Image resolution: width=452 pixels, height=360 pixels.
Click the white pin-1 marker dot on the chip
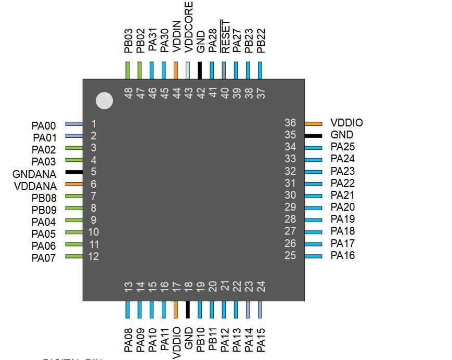[105, 100]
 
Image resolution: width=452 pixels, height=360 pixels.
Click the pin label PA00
[43, 125]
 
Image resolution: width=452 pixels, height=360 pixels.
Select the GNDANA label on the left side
[35, 174]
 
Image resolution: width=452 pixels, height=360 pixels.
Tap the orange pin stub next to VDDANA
[74, 184]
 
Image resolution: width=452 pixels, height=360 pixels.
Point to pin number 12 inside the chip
[94, 256]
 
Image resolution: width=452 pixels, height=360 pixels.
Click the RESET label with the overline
[225, 36]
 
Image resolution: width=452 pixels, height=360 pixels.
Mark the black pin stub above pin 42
[200, 70]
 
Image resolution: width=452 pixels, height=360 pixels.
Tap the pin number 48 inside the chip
[128, 93]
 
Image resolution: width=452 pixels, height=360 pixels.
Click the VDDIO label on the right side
[346, 123]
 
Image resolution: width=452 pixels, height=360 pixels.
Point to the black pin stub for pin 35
[313, 135]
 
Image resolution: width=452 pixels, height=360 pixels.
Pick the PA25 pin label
[343, 147]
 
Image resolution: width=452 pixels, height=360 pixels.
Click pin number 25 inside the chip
[290, 255]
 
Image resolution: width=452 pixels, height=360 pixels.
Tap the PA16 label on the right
[343, 255]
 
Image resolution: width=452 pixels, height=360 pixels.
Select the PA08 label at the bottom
[128, 339]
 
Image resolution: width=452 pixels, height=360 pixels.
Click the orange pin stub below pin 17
[176, 310]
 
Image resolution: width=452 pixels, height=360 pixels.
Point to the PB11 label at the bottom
[213, 339]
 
